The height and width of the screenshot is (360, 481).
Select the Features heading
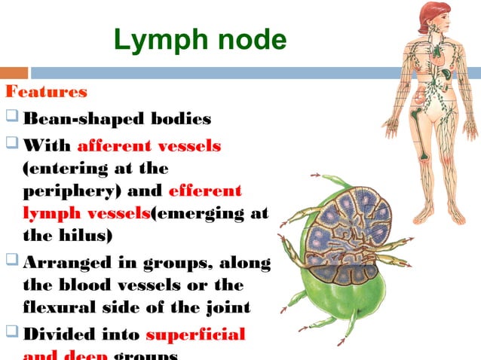coord(46,93)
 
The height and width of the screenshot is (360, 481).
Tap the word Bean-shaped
coord(84,119)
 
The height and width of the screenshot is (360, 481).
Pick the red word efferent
coord(205,191)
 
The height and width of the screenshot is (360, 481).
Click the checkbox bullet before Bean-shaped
coord(11,119)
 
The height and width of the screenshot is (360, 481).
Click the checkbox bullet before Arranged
coord(11,263)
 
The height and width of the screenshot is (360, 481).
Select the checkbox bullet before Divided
coord(11,334)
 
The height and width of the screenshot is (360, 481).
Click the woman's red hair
coord(428,14)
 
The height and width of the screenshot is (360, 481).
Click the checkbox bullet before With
coord(11,144)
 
